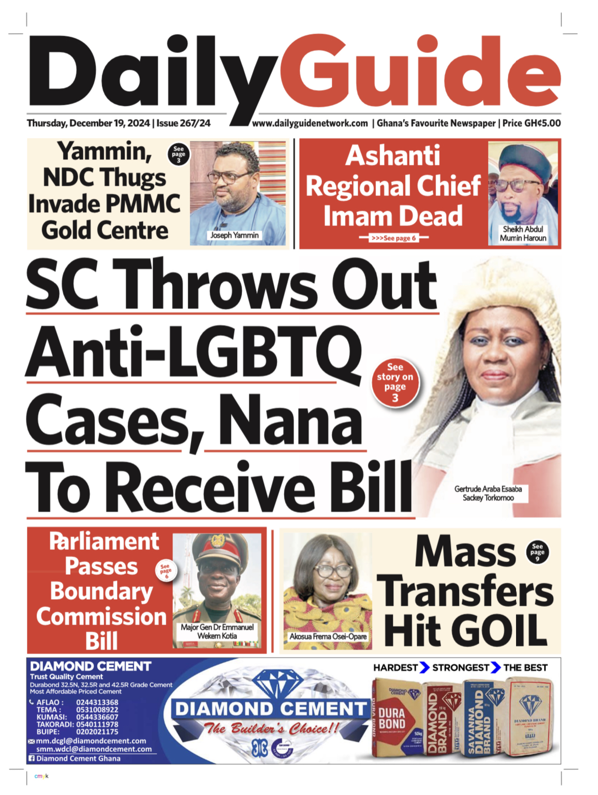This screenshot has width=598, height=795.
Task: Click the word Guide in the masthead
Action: [x=426, y=71]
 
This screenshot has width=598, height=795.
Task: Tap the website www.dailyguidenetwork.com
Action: [x=310, y=123]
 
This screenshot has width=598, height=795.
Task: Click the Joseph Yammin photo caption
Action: [x=235, y=235]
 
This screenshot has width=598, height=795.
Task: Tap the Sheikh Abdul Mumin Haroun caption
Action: [x=523, y=233]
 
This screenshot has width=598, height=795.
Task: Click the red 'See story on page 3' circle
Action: [x=395, y=382]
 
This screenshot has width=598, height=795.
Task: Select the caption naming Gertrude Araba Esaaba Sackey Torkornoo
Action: [x=488, y=493]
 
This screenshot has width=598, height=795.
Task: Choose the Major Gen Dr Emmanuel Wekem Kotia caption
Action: [x=217, y=631]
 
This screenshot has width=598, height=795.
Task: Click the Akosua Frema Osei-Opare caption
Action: [x=328, y=636]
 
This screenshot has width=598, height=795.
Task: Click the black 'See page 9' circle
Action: [x=537, y=552]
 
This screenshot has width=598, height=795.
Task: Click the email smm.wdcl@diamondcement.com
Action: [x=94, y=749]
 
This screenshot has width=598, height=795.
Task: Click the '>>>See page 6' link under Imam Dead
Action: [x=393, y=238]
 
